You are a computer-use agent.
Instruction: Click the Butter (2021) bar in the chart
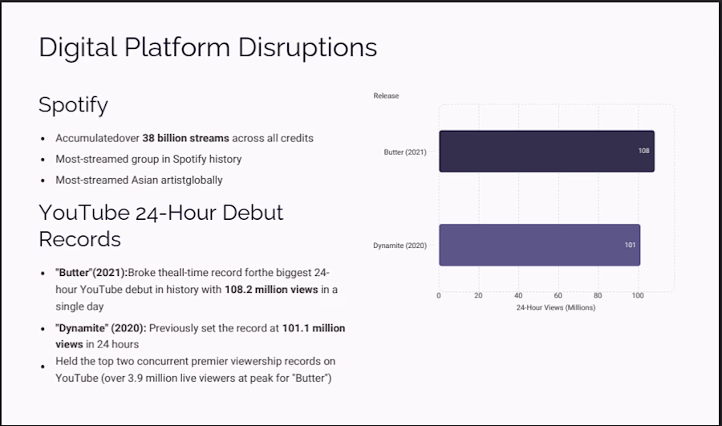pyautogui.click(x=546, y=151)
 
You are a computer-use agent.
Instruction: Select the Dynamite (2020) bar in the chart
pyautogui.click(x=540, y=245)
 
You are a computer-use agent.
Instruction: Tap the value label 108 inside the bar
pyautogui.click(x=643, y=151)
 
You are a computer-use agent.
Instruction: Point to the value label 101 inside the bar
pyautogui.click(x=630, y=245)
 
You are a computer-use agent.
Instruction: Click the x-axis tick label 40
pyautogui.click(x=518, y=295)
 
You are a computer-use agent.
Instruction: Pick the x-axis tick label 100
pyautogui.click(x=638, y=295)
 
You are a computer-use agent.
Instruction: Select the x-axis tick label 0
pyautogui.click(x=438, y=295)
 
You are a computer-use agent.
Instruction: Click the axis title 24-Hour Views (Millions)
pyautogui.click(x=556, y=307)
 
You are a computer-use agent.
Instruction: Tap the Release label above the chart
pyautogui.click(x=386, y=95)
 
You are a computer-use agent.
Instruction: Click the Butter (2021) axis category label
pyautogui.click(x=405, y=152)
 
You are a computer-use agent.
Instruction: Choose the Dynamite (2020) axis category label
pyautogui.click(x=400, y=245)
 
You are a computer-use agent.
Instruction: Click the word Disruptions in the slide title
pyautogui.click(x=307, y=47)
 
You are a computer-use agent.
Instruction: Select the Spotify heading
pyautogui.click(x=73, y=105)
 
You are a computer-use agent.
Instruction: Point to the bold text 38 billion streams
pyautogui.click(x=185, y=138)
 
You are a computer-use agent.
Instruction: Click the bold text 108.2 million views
pyautogui.click(x=271, y=290)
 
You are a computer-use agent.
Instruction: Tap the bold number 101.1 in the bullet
pyautogui.click(x=295, y=328)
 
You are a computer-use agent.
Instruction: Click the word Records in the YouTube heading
pyautogui.click(x=79, y=239)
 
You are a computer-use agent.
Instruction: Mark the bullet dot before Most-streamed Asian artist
pyautogui.click(x=43, y=181)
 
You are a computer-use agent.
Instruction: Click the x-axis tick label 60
pyautogui.click(x=558, y=295)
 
